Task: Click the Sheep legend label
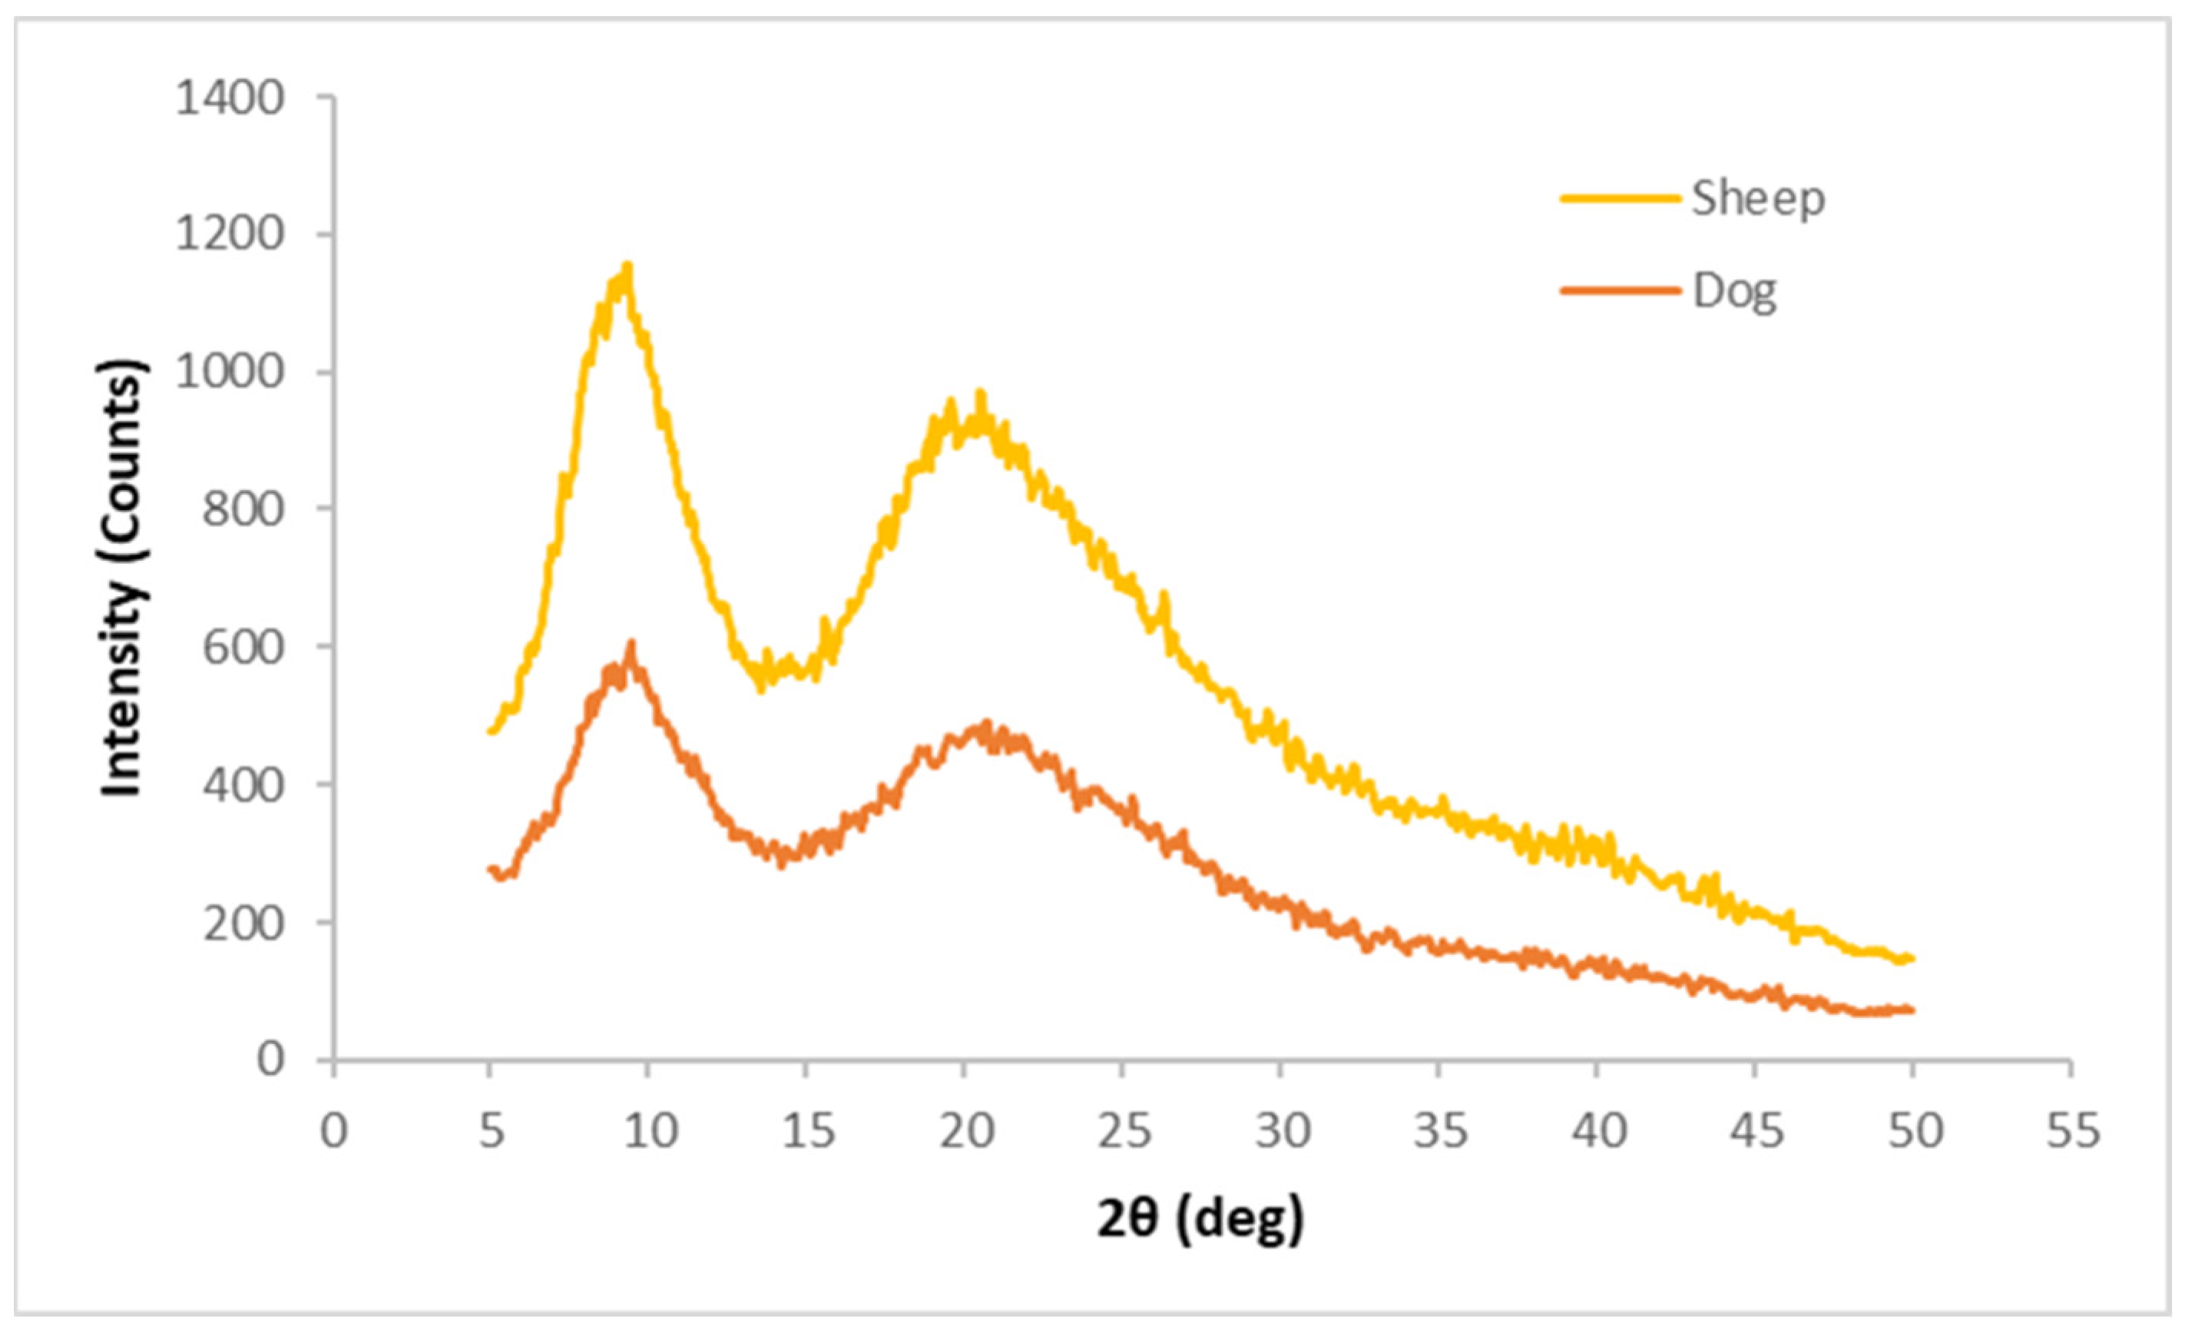click(1757, 199)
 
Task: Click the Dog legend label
click(1734, 292)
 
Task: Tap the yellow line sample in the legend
click(1621, 199)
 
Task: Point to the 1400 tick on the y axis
click(230, 98)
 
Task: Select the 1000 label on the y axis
click(230, 372)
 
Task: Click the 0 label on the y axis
click(270, 1059)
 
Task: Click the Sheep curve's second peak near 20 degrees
click(980, 393)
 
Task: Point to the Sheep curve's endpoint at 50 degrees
click(1913, 958)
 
